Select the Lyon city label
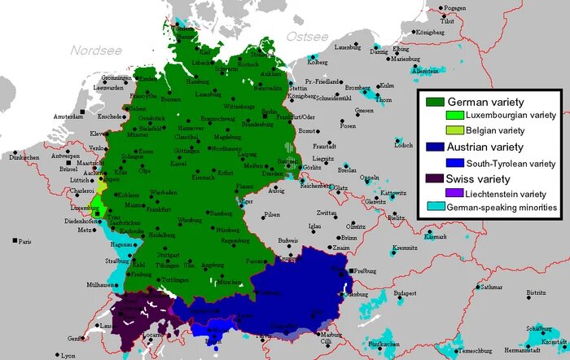pyautogui.click(x=68, y=355)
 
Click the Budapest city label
pyautogui.click(x=404, y=292)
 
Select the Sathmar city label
pyautogui.click(x=491, y=287)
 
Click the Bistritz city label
pyautogui.click(x=535, y=292)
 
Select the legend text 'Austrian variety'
pyautogui.click(x=488, y=147)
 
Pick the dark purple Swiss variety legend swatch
pyautogui.click(x=432, y=178)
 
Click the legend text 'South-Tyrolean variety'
pyautogui.click(x=506, y=163)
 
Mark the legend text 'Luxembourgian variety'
pyautogui.click(x=505, y=116)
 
